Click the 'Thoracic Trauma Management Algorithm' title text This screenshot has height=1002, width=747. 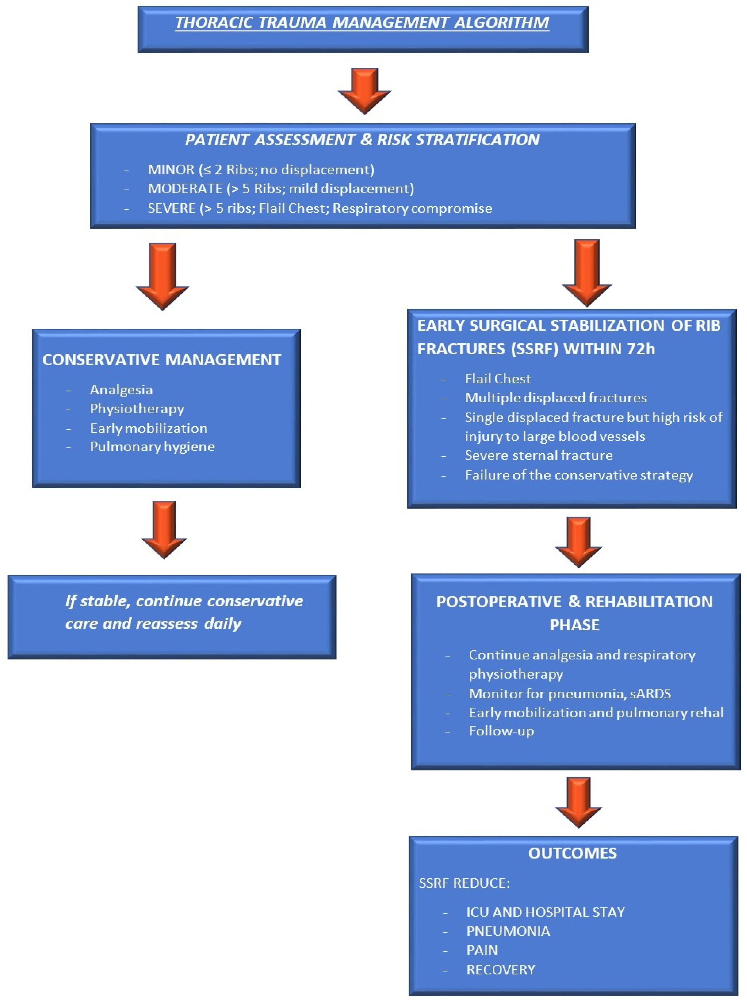pos(362,23)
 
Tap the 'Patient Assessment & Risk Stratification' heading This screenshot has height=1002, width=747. pos(362,140)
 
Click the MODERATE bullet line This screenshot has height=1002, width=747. pos(280,189)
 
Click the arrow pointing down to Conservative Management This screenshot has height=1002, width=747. pos(162,275)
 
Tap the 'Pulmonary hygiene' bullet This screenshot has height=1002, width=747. pos(152,447)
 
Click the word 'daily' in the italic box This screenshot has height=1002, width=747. pos(222,624)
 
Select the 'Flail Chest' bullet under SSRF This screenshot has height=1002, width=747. pos(497,379)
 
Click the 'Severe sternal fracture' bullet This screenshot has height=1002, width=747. pos(539,455)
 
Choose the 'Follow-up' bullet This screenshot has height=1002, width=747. pos(501,731)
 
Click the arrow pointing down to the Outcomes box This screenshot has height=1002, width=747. pos(578,801)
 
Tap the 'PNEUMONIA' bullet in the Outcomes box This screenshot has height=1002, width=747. pos(508,931)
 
